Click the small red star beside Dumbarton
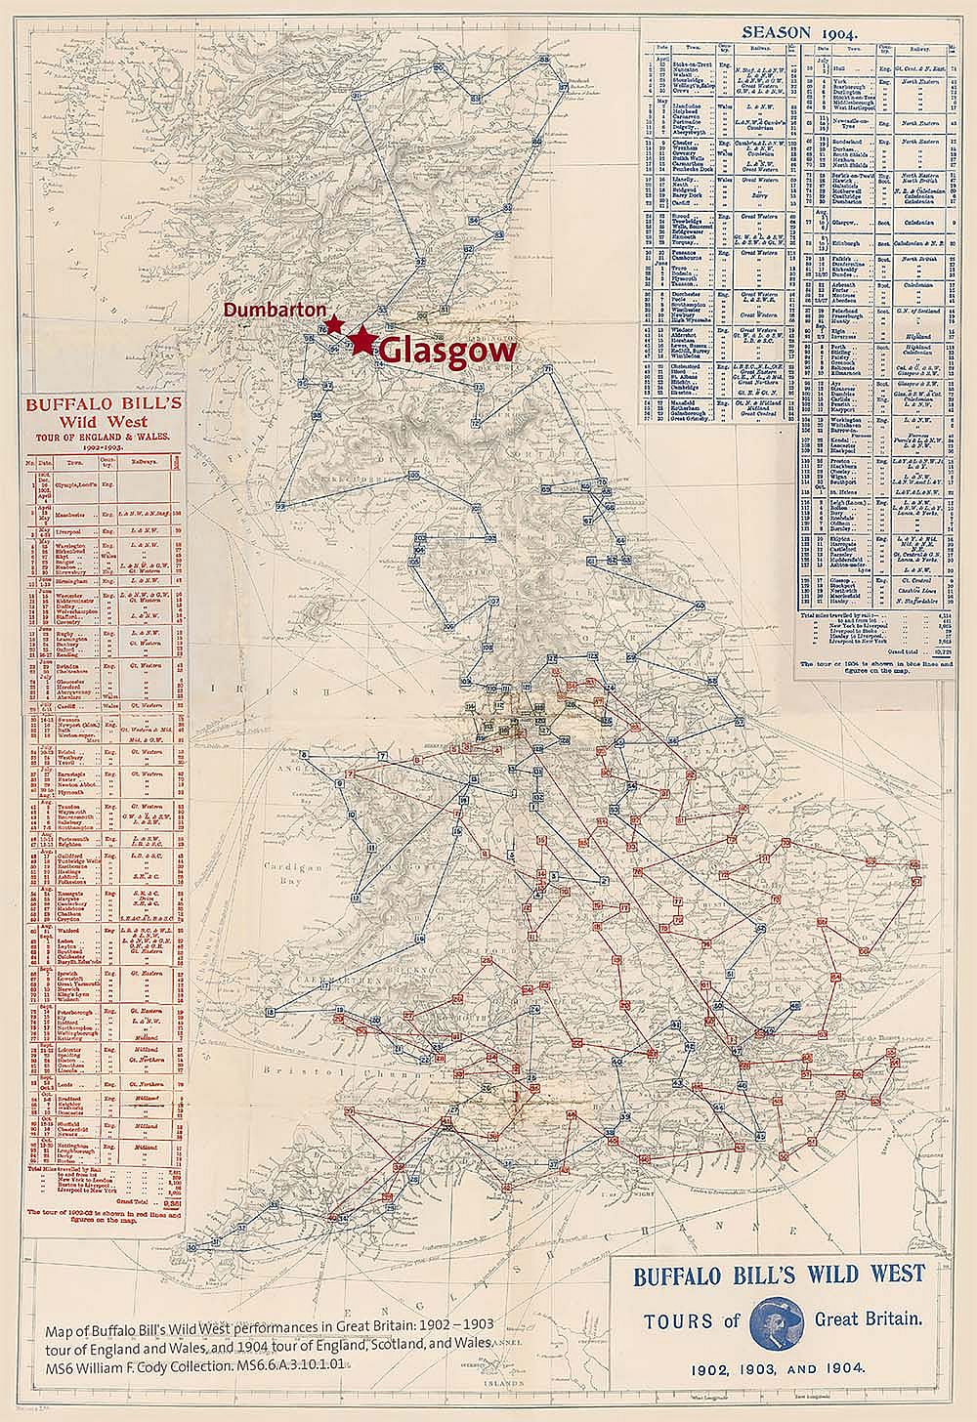click(x=334, y=323)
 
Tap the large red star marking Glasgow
click(x=363, y=340)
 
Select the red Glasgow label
click(x=446, y=351)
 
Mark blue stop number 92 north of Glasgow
click(x=420, y=262)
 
